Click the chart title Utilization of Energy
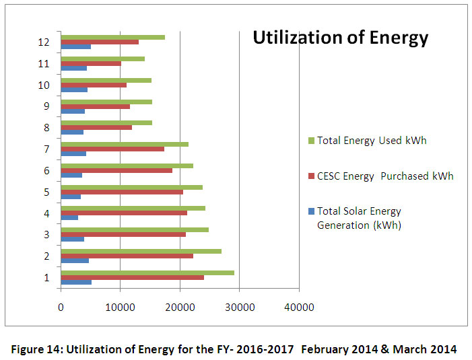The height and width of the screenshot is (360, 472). [x=340, y=38]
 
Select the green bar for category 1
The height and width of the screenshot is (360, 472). [x=147, y=273]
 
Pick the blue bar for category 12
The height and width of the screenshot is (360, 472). [x=75, y=46]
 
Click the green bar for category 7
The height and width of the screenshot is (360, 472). [x=125, y=144]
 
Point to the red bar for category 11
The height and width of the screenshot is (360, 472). [x=91, y=64]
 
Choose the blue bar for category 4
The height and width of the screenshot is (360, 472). [x=69, y=217]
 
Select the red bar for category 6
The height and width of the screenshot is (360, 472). [x=116, y=170]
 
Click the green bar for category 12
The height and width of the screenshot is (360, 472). [x=112, y=37]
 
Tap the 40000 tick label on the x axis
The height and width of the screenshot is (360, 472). [x=299, y=308]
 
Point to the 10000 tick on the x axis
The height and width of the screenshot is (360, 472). [x=120, y=308]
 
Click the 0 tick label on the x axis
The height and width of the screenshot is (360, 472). [x=61, y=308]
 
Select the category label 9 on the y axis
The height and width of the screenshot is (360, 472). [x=46, y=106]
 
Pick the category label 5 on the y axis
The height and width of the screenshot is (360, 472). [x=46, y=192]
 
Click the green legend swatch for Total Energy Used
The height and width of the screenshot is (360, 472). [x=311, y=141]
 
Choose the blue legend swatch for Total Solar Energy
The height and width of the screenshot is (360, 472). [x=311, y=211]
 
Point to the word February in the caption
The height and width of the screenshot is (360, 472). [x=324, y=349]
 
